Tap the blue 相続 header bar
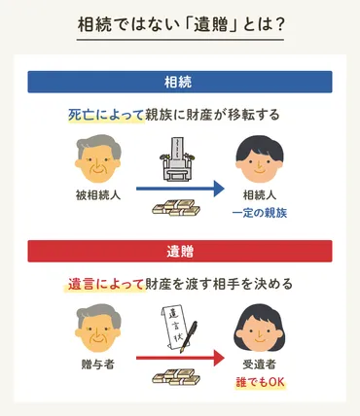pos(179,81)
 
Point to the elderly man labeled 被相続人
pos(97,159)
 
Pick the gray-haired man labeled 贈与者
pos(96,330)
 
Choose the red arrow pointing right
pos(179,358)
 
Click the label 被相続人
pos(97,195)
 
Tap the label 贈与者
pos(96,365)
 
